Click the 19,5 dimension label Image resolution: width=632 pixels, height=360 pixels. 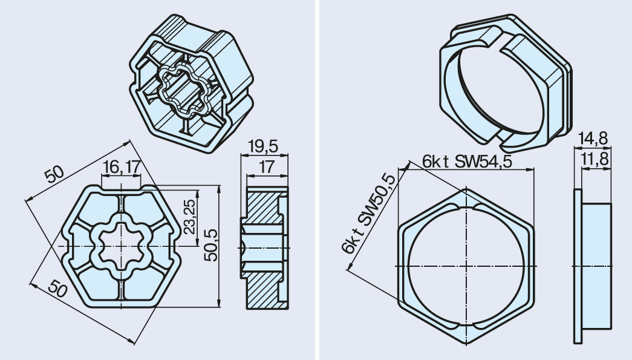pyautogui.click(x=263, y=146)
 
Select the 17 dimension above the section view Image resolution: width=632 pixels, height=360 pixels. pyautogui.click(x=266, y=166)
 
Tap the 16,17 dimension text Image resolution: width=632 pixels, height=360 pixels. pyautogui.click(x=122, y=167)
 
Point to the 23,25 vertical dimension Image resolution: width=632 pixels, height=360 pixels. pyautogui.click(x=189, y=216)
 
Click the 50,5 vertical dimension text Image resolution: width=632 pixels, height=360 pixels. pyautogui.click(x=210, y=245)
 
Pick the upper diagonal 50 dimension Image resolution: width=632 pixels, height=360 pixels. pyautogui.click(x=54, y=175)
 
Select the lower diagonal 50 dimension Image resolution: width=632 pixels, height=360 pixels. pyautogui.click(x=57, y=289)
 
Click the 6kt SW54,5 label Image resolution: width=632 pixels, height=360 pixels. pyautogui.click(x=467, y=162)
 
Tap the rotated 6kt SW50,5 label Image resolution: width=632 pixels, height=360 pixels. pyautogui.click(x=368, y=213)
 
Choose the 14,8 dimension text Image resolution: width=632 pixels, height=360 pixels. pyautogui.click(x=593, y=139)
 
